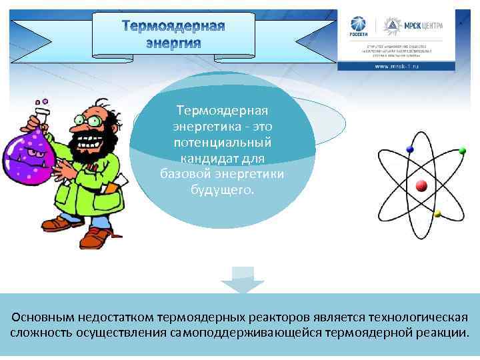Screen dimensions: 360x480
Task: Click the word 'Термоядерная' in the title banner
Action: pos(174,27)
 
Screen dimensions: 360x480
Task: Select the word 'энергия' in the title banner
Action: pos(173,43)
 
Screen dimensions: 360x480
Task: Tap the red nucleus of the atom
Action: pos(421,185)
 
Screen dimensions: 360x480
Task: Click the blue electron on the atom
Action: pos(409,149)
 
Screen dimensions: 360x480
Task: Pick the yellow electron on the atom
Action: pos(437,214)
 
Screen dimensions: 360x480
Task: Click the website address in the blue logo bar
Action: pos(396,66)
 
